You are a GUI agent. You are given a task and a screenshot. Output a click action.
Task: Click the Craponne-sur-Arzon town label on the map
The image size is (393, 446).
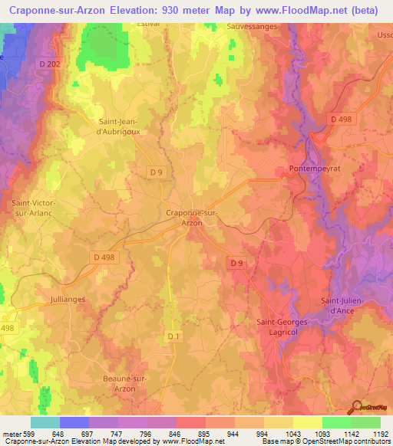192,218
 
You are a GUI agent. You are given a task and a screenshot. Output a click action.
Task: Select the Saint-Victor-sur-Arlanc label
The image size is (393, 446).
31,208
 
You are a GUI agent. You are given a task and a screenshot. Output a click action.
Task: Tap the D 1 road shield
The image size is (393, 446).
173,335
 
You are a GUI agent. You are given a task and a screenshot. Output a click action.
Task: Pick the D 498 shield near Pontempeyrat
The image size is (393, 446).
342,119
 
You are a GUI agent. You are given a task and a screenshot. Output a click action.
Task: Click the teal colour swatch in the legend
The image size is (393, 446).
45,422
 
